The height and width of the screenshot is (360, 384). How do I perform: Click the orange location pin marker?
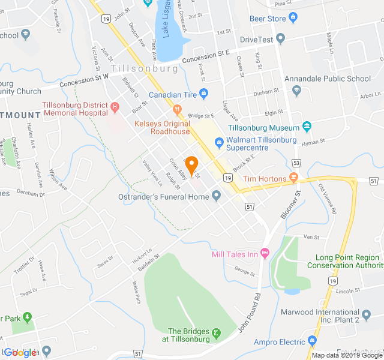pyautogui.click(x=191, y=164)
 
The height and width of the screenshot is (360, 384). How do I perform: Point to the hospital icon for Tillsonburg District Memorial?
pyautogui.click(x=115, y=108)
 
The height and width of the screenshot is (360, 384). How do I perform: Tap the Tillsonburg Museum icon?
pyautogui.click(x=307, y=126)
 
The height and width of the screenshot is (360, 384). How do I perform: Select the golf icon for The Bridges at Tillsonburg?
pyautogui.click(x=216, y=333)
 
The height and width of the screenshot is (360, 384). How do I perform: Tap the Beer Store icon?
pyautogui.click(x=293, y=18)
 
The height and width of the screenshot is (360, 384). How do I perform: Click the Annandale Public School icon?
pyautogui.click(x=296, y=90)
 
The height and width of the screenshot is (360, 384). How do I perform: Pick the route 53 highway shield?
pyautogui.click(x=296, y=163)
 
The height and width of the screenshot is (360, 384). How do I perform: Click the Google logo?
pyautogui.click(x=20, y=353)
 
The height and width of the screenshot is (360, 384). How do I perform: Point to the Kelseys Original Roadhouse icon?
pyautogui.click(x=177, y=110)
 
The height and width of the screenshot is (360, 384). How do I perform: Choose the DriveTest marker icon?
pyautogui.click(x=281, y=39)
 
